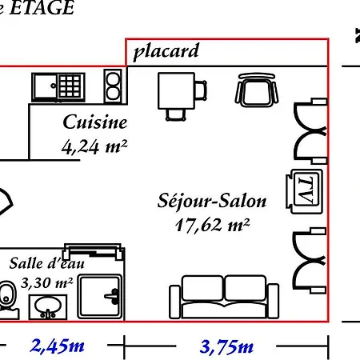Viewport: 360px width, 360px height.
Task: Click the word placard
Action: [166, 51]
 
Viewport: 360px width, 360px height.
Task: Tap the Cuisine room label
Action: [95, 122]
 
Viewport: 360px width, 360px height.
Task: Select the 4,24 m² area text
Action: [94, 146]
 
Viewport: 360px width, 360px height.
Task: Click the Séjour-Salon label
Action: [212, 201]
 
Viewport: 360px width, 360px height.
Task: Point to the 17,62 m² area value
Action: [213, 225]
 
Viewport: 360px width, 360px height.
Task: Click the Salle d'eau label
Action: [47, 263]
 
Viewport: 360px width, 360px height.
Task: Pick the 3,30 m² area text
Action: [47, 282]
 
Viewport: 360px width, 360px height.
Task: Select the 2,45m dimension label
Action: [58, 346]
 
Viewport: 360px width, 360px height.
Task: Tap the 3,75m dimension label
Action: [226, 346]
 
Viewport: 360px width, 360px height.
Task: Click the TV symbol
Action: [304, 191]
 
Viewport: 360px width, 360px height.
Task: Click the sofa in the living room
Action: [224, 297]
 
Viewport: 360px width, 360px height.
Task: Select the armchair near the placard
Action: [257, 90]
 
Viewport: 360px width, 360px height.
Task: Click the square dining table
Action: [176, 90]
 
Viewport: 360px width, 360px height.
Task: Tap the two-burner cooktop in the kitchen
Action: [113, 86]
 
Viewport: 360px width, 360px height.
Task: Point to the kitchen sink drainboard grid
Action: [70, 86]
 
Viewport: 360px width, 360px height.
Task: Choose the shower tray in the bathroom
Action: [100, 297]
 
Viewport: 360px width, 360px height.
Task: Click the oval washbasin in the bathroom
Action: [48, 306]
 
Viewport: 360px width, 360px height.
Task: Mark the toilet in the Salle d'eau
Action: [8, 298]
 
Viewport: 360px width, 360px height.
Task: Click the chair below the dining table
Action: [176, 115]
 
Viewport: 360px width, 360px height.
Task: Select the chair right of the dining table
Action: [201, 90]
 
